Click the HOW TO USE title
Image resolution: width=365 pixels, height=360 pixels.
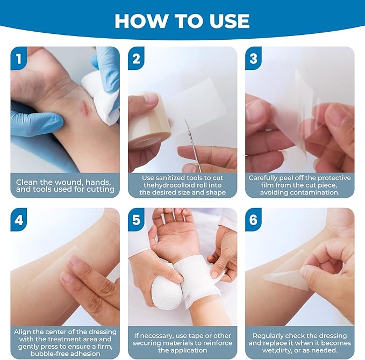182,20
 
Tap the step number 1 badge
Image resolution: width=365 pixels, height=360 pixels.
19,58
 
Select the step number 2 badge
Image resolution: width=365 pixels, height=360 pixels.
137,58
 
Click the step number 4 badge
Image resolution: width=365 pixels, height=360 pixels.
19,220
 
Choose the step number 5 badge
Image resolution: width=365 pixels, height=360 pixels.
137,220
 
